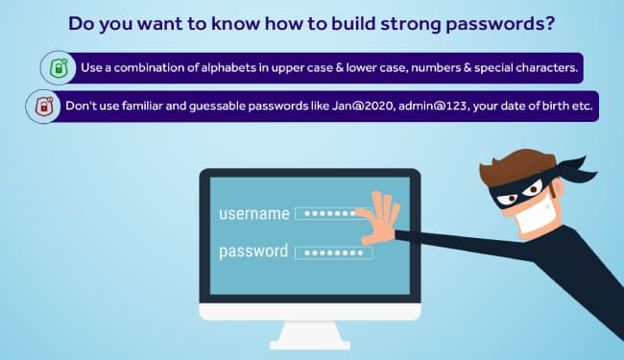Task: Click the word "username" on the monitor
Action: coord(252,213)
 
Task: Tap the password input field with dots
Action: coord(332,252)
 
